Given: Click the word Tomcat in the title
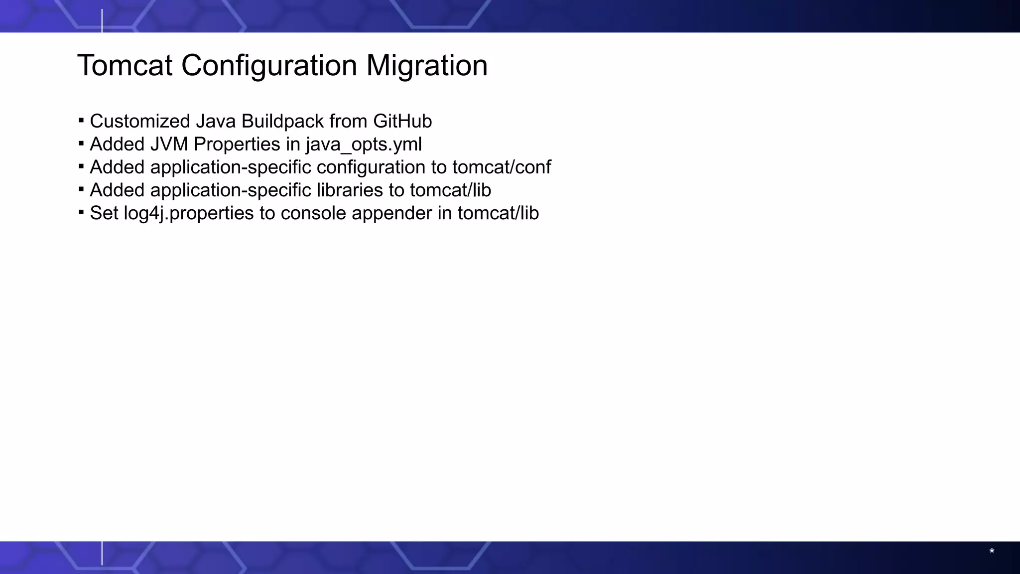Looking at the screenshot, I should [125, 65].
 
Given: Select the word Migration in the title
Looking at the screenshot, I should [427, 65].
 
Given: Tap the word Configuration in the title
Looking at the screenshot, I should [269, 65].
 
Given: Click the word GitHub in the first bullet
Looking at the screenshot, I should [402, 121].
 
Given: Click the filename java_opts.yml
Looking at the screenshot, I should [364, 144].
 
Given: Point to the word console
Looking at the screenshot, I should [313, 213].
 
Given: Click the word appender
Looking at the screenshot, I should [392, 213].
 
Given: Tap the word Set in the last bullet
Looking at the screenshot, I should [104, 213].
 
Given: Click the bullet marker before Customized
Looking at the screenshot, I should [81, 121].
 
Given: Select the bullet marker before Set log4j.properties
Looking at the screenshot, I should [81, 212].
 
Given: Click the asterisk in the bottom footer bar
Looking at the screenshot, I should [992, 552].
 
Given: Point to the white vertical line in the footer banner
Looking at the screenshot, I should [102, 553].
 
